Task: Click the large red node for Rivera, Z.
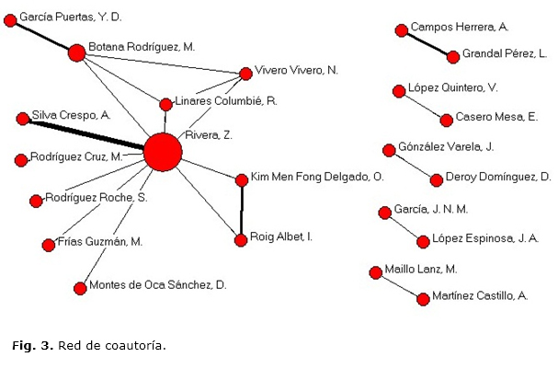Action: (x=163, y=152)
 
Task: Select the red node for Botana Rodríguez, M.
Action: (x=76, y=52)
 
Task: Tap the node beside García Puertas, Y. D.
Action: (x=10, y=19)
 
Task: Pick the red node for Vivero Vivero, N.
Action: (x=245, y=74)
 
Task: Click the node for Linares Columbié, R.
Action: (x=166, y=104)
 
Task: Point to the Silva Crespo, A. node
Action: (x=22, y=119)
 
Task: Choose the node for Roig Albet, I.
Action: (x=241, y=238)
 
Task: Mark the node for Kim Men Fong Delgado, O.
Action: (x=242, y=179)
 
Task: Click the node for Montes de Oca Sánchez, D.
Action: (x=80, y=287)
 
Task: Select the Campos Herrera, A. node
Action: (x=401, y=30)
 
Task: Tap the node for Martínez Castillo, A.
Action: (x=423, y=298)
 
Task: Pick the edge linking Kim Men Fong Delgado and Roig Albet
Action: (x=241, y=209)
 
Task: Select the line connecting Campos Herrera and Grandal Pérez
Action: (x=427, y=43)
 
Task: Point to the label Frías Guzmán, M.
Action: (x=99, y=241)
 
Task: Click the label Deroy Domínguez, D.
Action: (x=497, y=177)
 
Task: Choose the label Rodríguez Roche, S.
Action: (x=97, y=198)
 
